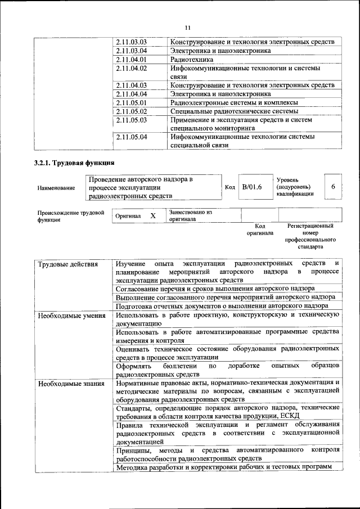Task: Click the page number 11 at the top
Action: [187, 27]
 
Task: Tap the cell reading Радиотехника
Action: [192, 59]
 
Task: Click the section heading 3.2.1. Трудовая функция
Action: [74, 164]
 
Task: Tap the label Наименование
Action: [56, 188]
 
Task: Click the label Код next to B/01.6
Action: [230, 187]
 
